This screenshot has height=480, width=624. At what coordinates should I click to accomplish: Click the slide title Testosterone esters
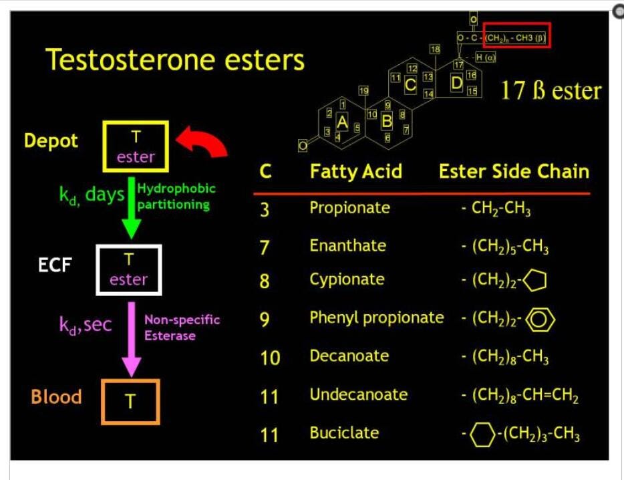tap(175, 60)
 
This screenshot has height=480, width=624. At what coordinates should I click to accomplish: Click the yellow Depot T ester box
tap(136, 146)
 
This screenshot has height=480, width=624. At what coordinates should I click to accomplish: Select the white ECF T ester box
tap(129, 270)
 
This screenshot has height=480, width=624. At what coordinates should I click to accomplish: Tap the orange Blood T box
tap(130, 401)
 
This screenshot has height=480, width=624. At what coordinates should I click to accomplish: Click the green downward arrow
tap(131, 207)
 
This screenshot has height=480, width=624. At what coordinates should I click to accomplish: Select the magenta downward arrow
tap(132, 338)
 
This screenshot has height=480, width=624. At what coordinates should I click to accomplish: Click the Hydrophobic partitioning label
tap(176, 197)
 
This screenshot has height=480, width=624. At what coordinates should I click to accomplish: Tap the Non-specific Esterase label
tap(182, 328)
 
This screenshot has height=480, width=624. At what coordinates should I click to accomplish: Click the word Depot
tap(51, 141)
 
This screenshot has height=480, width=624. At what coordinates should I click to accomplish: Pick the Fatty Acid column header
tap(355, 172)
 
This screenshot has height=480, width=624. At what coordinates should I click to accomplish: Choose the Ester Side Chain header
tap(514, 172)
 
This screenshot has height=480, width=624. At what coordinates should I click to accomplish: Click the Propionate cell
tap(349, 208)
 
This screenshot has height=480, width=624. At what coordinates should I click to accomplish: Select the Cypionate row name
tap(347, 279)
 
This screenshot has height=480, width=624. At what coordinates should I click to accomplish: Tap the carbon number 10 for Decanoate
tap(270, 358)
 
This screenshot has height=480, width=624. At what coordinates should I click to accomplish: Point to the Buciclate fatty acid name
tap(344, 433)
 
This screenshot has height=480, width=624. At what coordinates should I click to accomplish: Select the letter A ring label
tap(342, 121)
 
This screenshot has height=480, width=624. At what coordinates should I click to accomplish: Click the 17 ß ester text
tap(551, 91)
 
